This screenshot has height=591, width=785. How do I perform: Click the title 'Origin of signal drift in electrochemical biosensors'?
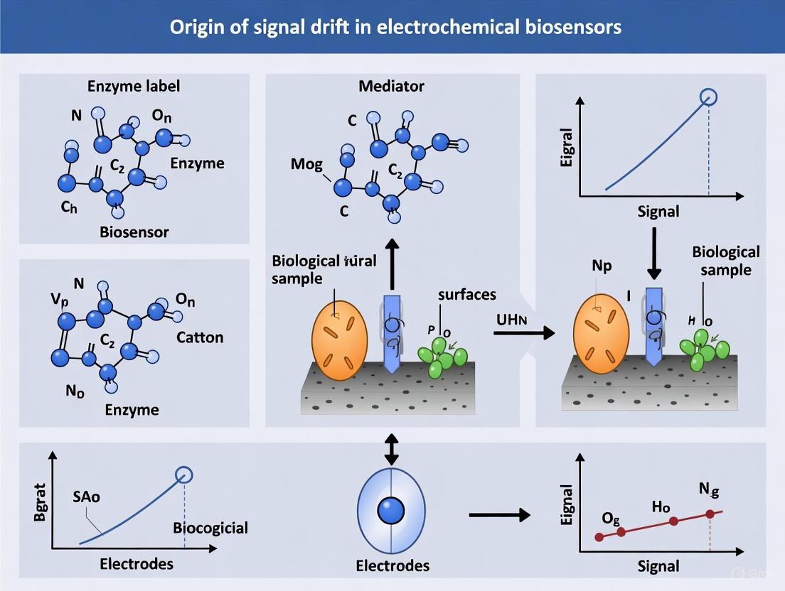click(x=392, y=27)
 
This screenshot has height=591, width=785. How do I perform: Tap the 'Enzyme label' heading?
click(x=134, y=86)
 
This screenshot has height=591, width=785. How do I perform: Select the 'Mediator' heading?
click(x=392, y=86)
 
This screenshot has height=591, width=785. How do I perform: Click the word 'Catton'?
click(x=200, y=337)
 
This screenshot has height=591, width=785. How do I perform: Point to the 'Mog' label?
click(x=306, y=165)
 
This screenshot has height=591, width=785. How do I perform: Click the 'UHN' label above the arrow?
click(x=512, y=319)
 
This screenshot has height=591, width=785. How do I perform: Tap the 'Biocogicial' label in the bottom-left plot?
click(x=210, y=528)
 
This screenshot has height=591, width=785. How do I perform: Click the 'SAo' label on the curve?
click(x=86, y=497)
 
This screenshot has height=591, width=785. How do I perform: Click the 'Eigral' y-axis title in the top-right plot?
click(x=567, y=148)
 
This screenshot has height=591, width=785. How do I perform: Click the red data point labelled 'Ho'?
click(x=673, y=521)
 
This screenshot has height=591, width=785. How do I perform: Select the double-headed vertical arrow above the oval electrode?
click(x=391, y=449)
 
